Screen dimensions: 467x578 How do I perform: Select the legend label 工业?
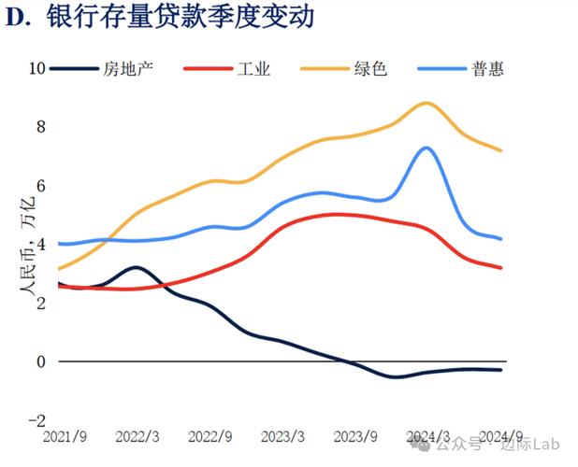click(x=253, y=69)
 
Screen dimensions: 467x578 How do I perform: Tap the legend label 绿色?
click(x=368, y=69)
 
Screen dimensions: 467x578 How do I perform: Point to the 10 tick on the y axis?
click(x=37, y=68)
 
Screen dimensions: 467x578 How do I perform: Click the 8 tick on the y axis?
click(x=40, y=127)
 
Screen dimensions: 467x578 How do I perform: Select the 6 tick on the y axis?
click(x=40, y=186)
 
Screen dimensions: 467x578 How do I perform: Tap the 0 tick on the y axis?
click(x=40, y=361)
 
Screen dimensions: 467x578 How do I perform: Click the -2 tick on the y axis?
click(x=37, y=420)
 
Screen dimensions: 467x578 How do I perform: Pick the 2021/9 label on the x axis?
click(x=64, y=436)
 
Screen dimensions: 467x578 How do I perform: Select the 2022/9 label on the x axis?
click(x=210, y=436)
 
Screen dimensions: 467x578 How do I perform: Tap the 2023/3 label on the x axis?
click(x=283, y=436)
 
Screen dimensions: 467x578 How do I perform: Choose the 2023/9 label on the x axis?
click(x=356, y=436)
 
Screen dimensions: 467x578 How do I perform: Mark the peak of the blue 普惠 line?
click(x=426, y=148)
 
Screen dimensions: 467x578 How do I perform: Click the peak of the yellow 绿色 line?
click(x=426, y=103)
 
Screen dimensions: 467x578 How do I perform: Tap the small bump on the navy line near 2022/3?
click(x=136, y=267)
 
